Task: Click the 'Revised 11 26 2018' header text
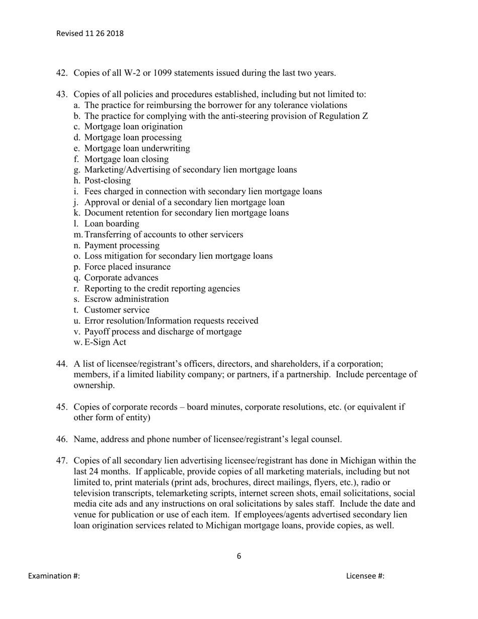click(90, 34)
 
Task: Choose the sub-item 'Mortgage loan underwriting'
click(137, 148)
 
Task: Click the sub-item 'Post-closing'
click(107, 181)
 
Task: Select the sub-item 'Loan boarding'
click(112, 224)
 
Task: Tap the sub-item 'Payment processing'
click(122, 246)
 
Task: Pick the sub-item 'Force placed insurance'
click(127, 267)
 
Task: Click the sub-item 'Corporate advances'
click(121, 278)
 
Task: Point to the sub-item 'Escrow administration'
click(126, 299)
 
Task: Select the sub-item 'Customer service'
click(117, 310)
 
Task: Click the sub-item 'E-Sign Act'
click(106, 342)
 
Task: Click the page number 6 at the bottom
click(238, 556)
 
